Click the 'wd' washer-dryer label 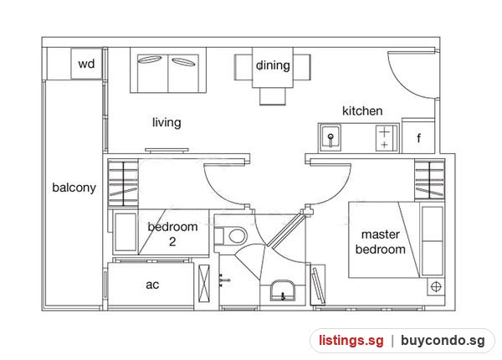tap(86, 64)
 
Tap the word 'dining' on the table tap(273, 65)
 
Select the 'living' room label tap(166, 122)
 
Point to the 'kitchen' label tap(362, 111)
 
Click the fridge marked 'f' tap(418, 136)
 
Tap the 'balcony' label tap(74, 188)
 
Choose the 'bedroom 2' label tap(172, 234)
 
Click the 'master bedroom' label tap(381, 242)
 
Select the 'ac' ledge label tap(152, 285)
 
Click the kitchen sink tap(330, 137)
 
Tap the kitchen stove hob tap(386, 138)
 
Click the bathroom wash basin tap(283, 291)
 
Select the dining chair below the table tap(273, 96)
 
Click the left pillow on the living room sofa tap(150, 59)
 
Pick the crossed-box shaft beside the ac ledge tap(204, 284)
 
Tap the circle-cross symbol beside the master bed tap(436, 286)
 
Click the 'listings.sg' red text tap(351, 341)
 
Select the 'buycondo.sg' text tap(443, 341)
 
